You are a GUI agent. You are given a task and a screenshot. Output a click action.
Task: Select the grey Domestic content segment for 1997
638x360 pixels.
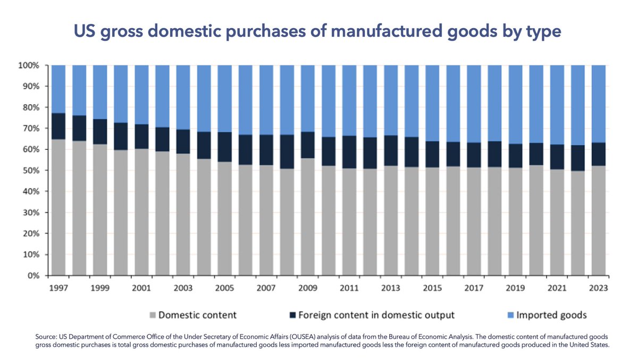pos(58,207)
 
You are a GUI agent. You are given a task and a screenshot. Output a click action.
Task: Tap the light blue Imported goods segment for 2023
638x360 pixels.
pos(599,104)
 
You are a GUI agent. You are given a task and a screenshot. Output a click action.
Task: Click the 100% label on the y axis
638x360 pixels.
pos(29,65)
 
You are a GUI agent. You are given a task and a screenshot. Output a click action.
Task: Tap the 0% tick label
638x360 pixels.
pos(33,276)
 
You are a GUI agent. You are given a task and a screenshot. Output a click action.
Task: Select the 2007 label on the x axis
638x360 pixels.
pos(266,288)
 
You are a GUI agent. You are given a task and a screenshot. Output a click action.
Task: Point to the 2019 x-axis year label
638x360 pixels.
pos(515,288)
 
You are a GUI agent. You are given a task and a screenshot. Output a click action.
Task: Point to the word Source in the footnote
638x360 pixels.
pos(46,337)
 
